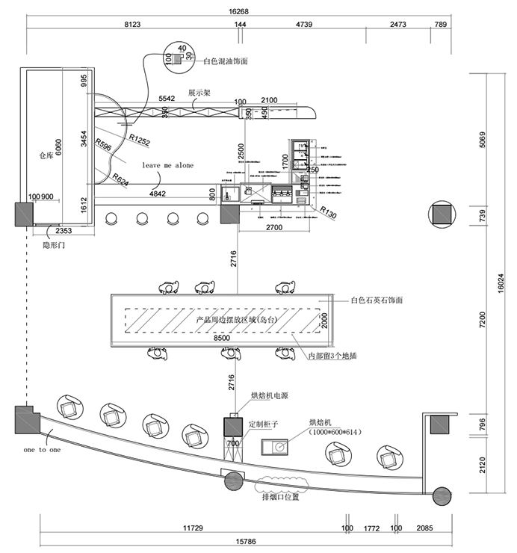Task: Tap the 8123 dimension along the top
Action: click(131, 25)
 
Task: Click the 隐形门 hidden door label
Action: click(55, 244)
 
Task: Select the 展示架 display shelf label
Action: click(199, 93)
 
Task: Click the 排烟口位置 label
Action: click(281, 496)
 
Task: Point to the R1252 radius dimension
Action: click(140, 138)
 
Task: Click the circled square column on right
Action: click(440, 214)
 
